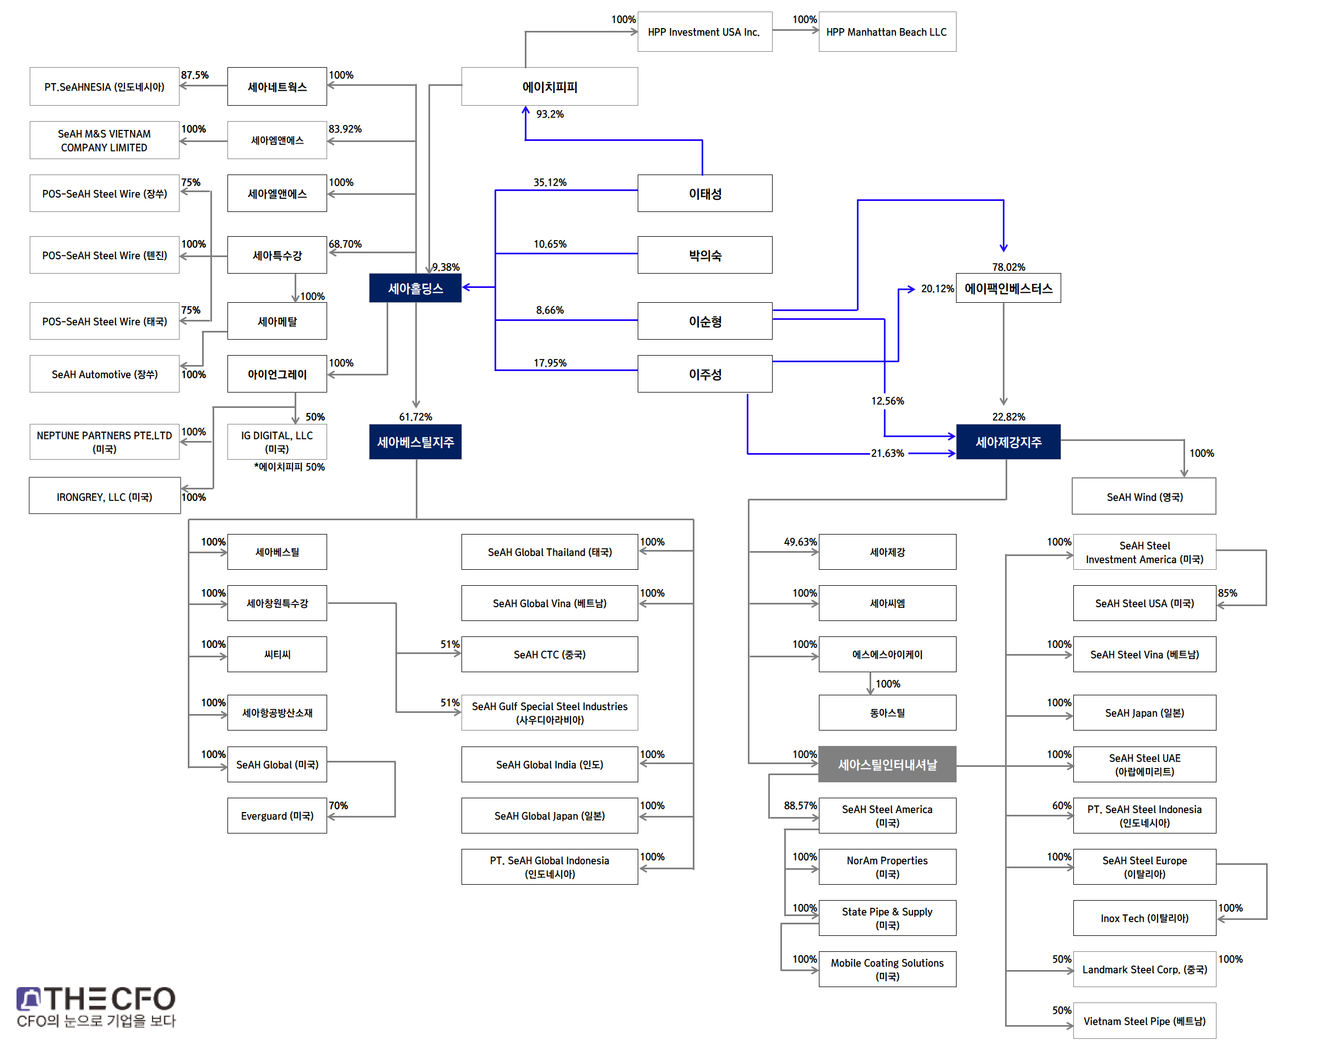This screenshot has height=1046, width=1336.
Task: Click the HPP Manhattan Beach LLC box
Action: [x=887, y=32]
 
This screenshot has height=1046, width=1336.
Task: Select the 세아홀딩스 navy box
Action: [x=415, y=288]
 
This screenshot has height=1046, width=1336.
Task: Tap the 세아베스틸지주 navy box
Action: [x=415, y=442]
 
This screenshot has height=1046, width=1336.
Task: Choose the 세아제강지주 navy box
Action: [x=1008, y=442]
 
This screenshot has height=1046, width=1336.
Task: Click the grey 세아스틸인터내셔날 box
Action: [x=887, y=764]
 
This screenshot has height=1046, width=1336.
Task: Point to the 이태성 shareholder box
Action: [x=704, y=194]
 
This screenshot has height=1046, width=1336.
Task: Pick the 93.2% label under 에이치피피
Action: [x=550, y=114]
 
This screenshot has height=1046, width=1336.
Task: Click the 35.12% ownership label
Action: [x=550, y=182]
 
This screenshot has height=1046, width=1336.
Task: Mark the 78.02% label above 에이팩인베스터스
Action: [x=1008, y=267]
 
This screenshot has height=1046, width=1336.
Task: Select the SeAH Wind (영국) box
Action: [x=1144, y=497]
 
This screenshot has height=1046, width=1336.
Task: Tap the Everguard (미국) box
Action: [x=277, y=816]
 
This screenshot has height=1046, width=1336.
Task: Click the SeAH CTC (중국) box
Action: [x=550, y=654]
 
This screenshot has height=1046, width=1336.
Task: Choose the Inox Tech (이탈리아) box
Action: [x=1144, y=918]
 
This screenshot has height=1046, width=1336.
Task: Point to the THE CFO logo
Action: [x=96, y=1007]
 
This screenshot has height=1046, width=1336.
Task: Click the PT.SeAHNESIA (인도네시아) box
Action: [x=104, y=87]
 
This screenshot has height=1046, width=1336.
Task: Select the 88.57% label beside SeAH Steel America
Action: [x=800, y=805]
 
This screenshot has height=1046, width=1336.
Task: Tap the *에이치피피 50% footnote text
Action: [x=289, y=467]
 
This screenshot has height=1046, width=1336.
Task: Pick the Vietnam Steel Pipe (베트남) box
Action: [x=1144, y=1021]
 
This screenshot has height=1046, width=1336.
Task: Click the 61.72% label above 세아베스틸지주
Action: [x=415, y=416]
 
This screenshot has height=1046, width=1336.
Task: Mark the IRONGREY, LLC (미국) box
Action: [x=104, y=497]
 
